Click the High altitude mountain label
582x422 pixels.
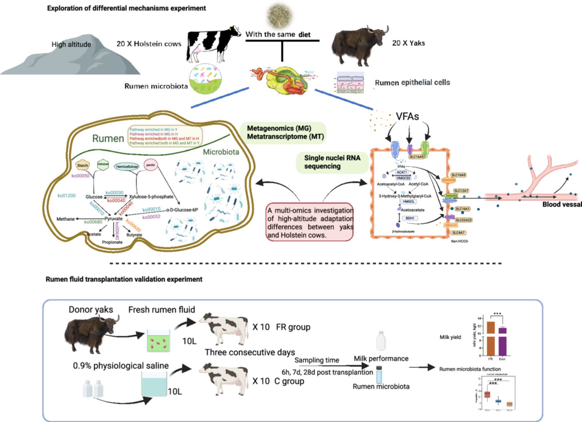point(71,44)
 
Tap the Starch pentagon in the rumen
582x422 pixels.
point(83,165)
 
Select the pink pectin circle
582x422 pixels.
point(150,165)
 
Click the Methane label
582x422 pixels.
point(66,219)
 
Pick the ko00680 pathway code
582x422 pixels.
point(93,222)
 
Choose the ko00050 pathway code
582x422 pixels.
point(80,176)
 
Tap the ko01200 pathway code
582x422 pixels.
point(67,196)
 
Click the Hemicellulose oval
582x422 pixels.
point(127,167)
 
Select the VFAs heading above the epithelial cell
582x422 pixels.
point(407,116)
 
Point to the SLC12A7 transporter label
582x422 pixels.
point(461,191)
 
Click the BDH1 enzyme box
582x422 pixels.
point(410,218)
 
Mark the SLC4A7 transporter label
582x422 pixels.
point(458,233)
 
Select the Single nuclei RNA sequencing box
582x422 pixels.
point(332,162)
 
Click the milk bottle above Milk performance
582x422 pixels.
point(381,341)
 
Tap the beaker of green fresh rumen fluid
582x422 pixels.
point(158,340)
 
